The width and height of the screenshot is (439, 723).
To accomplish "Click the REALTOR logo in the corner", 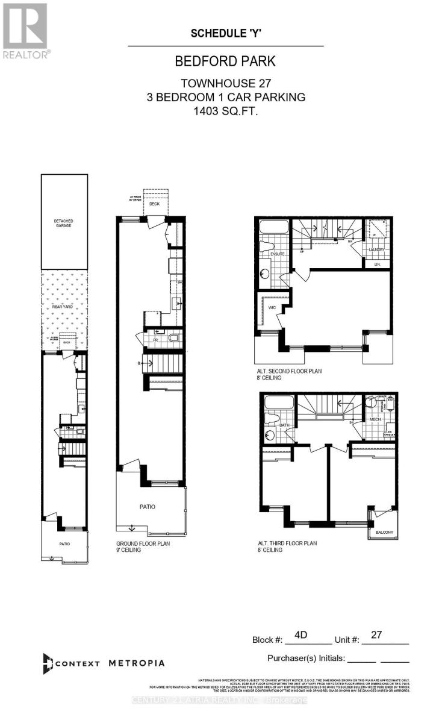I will [x=26, y=30].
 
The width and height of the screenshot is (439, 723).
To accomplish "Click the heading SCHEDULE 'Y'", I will [x=225, y=34].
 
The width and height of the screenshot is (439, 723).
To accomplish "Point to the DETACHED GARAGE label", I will [x=64, y=224].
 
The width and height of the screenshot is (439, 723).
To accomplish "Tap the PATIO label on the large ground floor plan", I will [x=148, y=507].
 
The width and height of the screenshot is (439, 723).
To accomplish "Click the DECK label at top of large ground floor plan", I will [x=156, y=204].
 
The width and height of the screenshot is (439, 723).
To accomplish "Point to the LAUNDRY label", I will [x=377, y=249].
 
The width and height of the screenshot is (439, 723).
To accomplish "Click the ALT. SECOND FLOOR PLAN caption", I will [x=289, y=371].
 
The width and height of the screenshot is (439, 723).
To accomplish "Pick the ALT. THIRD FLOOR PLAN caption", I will [x=285, y=543].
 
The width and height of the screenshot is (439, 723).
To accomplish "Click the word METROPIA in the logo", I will [x=137, y=663].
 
